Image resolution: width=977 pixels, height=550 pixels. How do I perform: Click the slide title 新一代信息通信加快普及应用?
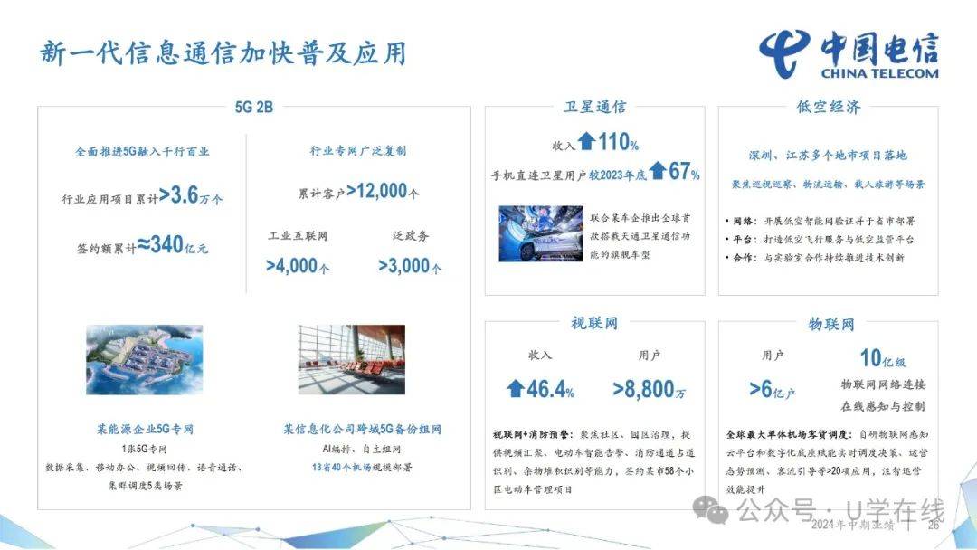[x=223, y=52]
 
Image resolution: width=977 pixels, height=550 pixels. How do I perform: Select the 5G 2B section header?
[x=253, y=107]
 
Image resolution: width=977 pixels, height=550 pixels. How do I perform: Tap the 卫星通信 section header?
[x=594, y=107]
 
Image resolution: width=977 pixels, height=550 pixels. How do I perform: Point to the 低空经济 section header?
[x=829, y=107]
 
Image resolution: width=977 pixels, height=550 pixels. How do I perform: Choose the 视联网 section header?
[x=594, y=323]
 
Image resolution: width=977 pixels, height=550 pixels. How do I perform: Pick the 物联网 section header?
[x=830, y=323]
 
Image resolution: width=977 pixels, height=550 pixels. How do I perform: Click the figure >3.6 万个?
[x=191, y=195]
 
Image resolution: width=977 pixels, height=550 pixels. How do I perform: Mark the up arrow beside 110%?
[x=587, y=141]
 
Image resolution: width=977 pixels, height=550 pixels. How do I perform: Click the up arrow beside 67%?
[x=658, y=170]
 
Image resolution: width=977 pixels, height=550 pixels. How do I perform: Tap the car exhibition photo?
[x=539, y=235]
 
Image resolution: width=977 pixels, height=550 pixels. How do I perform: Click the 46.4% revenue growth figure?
[x=540, y=390]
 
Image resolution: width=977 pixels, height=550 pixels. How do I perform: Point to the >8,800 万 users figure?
[x=649, y=390]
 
